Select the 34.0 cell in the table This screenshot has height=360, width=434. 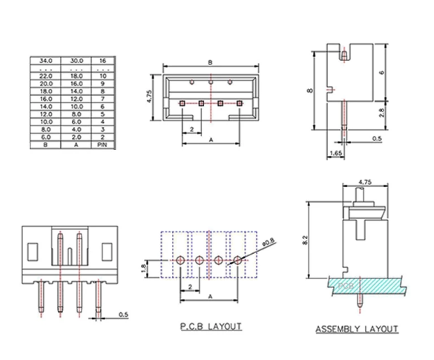tap(45, 59)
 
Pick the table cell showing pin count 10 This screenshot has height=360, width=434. tap(102, 76)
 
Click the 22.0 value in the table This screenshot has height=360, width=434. tap(45, 76)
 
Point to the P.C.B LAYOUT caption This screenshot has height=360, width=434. tap(211, 326)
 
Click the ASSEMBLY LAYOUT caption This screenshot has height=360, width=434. tap(357, 328)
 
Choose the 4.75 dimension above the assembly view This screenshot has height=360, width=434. tap(364, 181)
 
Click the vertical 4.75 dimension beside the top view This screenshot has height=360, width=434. tap(151, 97)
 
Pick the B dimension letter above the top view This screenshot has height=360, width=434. tap(211, 62)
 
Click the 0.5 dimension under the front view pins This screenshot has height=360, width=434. tap(122, 315)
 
